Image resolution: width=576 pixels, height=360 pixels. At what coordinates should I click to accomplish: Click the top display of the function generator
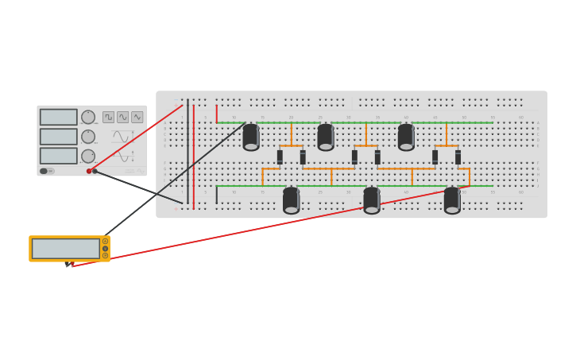[59, 117]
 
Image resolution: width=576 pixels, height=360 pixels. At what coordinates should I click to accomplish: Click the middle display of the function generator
[59, 137]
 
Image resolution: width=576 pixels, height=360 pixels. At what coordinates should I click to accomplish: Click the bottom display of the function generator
[59, 156]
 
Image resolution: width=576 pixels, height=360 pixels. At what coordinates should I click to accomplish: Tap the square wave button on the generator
[108, 117]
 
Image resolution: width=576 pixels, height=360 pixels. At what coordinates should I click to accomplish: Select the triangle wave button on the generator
[137, 117]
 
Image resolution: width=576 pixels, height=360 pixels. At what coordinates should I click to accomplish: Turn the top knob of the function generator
[88, 117]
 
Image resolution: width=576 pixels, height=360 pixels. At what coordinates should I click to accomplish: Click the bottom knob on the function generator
[88, 156]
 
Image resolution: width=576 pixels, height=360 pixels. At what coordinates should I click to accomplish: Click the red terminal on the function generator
[89, 171]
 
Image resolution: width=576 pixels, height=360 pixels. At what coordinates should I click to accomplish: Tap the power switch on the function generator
[46, 171]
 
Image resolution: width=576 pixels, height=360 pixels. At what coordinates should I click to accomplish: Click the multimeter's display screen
[65, 249]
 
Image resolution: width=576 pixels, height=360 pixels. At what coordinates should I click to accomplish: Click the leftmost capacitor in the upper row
[251, 137]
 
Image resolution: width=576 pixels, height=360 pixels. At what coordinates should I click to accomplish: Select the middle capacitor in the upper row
[326, 137]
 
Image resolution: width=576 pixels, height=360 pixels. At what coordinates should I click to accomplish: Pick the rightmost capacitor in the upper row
[406, 137]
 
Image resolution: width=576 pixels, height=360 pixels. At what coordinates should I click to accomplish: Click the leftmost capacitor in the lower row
[291, 200]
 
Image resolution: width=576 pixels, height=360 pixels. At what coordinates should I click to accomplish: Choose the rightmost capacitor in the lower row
[452, 200]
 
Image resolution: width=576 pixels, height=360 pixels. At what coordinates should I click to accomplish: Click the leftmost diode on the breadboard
[280, 157]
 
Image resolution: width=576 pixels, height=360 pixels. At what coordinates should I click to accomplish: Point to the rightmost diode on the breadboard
[458, 157]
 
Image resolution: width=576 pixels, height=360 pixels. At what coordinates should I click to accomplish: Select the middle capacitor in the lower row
[371, 200]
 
